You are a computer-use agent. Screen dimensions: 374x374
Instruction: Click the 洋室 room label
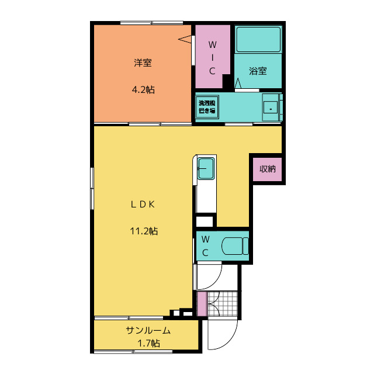point(143,63)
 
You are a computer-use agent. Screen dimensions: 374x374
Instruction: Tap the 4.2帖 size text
point(143,90)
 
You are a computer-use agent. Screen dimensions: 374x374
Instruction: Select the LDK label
point(142,205)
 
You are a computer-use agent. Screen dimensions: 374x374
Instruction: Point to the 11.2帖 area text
point(143,231)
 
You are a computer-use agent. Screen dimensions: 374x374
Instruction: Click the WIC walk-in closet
point(212,57)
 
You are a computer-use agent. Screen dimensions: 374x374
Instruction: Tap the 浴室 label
point(258,71)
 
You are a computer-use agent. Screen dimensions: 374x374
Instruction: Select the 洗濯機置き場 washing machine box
point(207,106)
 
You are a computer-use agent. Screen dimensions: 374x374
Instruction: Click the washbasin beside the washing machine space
point(271,106)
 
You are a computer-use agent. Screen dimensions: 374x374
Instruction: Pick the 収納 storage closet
point(268,169)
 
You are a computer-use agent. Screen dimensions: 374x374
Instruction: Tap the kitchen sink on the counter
point(206,168)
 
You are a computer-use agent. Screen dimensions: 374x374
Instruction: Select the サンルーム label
point(148,331)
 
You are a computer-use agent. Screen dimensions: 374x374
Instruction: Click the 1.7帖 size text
point(148,343)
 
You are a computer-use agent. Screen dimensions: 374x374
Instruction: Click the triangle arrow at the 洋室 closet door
point(185,40)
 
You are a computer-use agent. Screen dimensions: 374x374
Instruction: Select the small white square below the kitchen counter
point(204,221)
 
